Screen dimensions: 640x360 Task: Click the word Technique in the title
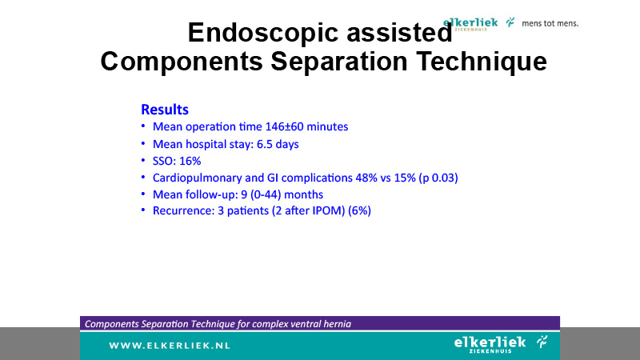[x=482, y=62]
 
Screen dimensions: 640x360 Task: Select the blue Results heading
[x=165, y=110]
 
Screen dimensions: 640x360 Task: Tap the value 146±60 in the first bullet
[x=284, y=126]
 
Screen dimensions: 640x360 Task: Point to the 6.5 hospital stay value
[x=265, y=144]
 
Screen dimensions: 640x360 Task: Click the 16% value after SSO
[x=190, y=162]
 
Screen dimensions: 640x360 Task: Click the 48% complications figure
[x=366, y=178]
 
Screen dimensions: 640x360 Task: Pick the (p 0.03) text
[x=438, y=178]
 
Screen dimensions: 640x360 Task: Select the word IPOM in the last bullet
[x=329, y=211]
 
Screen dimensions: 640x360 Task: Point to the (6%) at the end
[x=359, y=211]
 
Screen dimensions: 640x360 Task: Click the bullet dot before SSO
[x=143, y=161]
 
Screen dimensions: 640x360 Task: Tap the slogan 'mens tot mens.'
[x=550, y=24]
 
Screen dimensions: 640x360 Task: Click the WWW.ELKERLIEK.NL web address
[x=170, y=346]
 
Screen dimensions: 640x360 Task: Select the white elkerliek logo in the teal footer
[x=501, y=344]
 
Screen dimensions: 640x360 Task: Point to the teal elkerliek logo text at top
[x=470, y=23]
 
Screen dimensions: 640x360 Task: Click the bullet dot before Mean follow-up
[x=143, y=194]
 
